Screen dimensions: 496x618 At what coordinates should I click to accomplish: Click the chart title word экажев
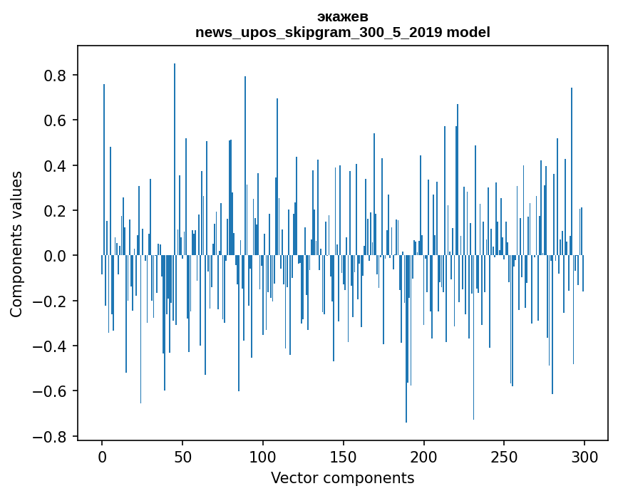tap(342, 16)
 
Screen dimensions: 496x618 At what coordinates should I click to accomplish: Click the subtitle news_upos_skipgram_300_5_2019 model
tap(342, 32)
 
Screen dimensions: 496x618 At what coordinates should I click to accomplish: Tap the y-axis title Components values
tap(16, 244)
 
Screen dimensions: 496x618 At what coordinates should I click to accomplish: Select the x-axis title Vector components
tap(342, 477)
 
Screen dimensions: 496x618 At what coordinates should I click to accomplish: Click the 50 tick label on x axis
tap(182, 456)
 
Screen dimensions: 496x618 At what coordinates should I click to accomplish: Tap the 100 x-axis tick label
tap(263, 456)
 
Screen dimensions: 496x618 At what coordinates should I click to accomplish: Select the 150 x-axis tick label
tap(344, 456)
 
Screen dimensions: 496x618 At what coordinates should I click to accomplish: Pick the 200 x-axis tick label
tap(424, 456)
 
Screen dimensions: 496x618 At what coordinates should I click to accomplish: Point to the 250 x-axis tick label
tap(504, 456)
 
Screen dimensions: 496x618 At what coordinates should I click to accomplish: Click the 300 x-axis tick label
tap(584, 456)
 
